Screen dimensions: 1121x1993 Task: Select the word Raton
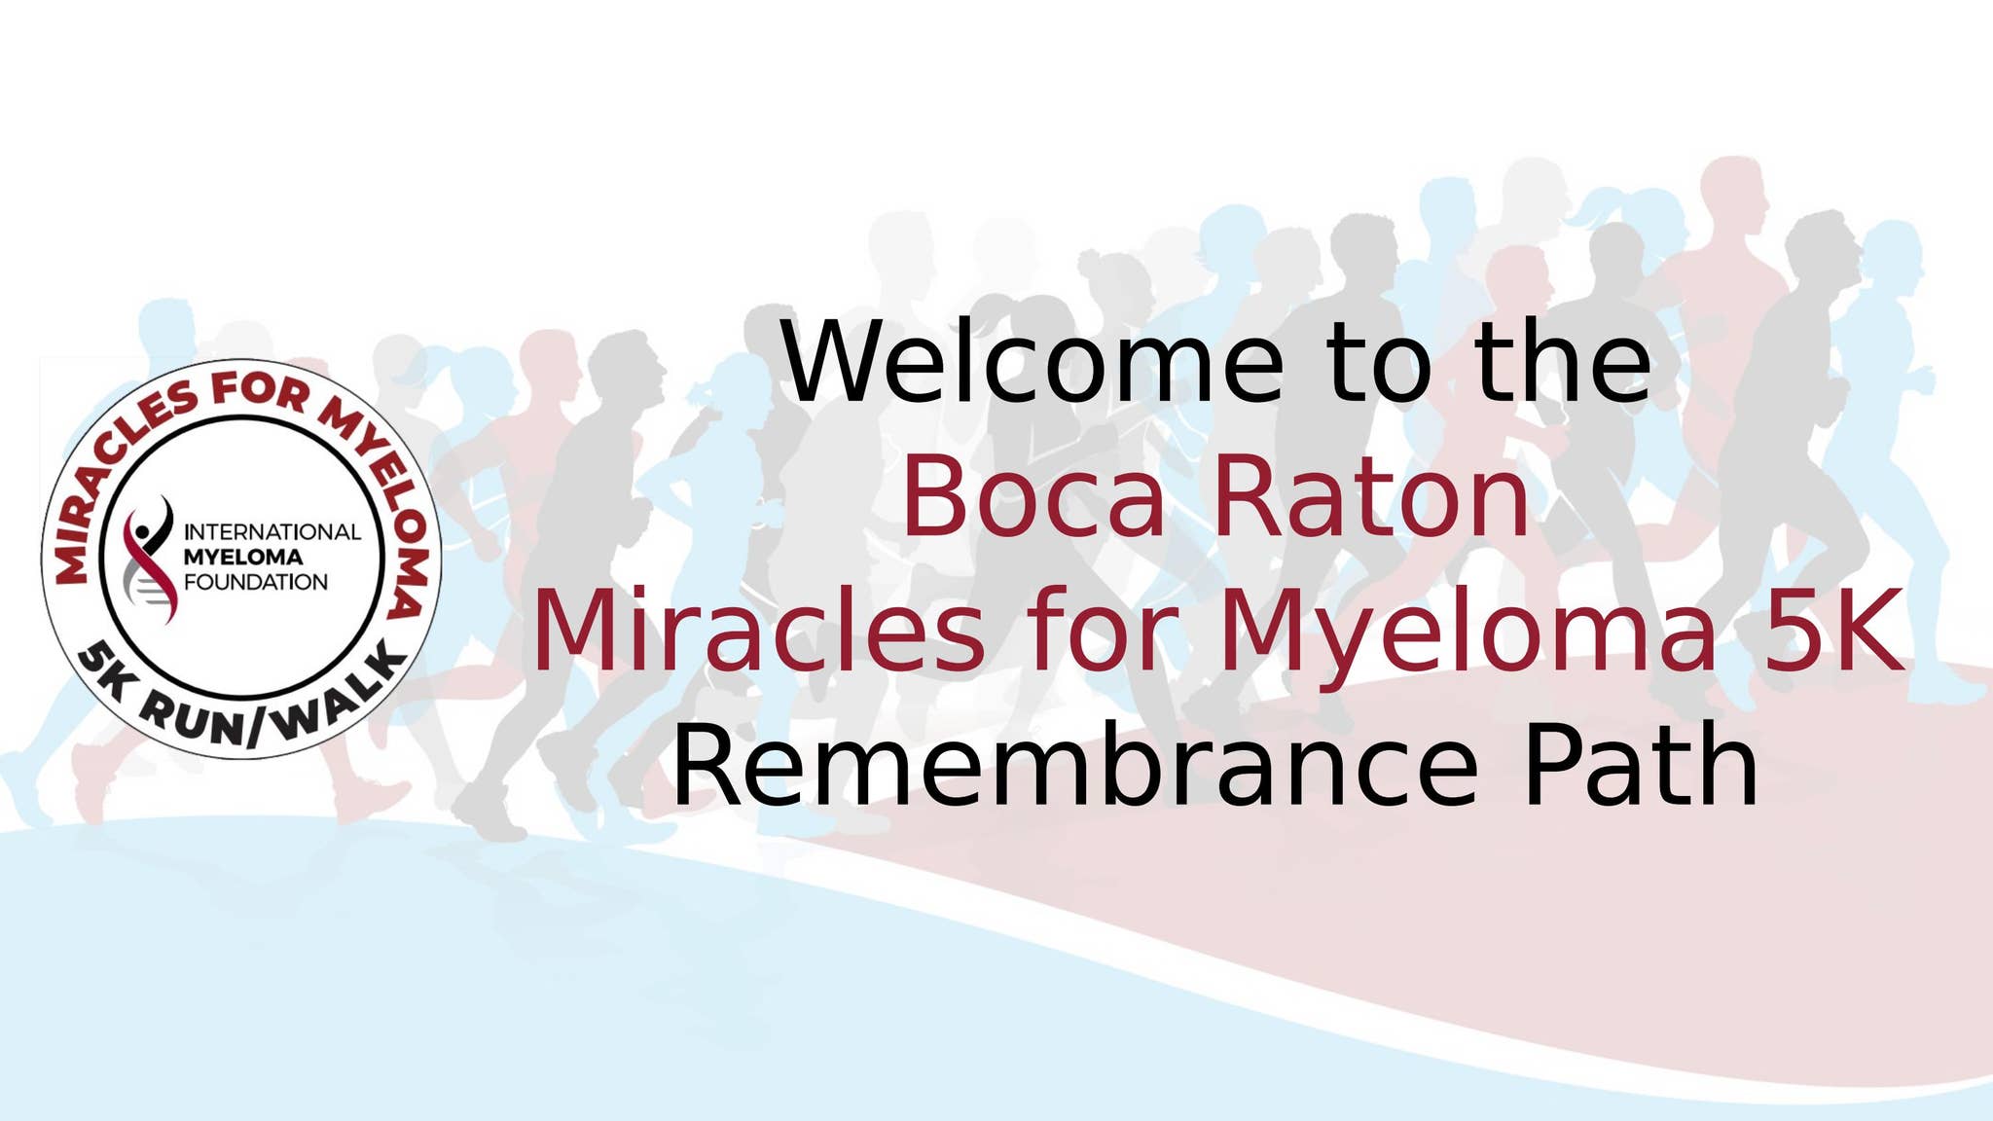(1370, 498)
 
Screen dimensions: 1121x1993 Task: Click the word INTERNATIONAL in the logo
(272, 532)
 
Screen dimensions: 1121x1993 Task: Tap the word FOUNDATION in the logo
(255, 583)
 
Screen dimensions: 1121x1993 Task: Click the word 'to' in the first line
(1380, 364)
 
